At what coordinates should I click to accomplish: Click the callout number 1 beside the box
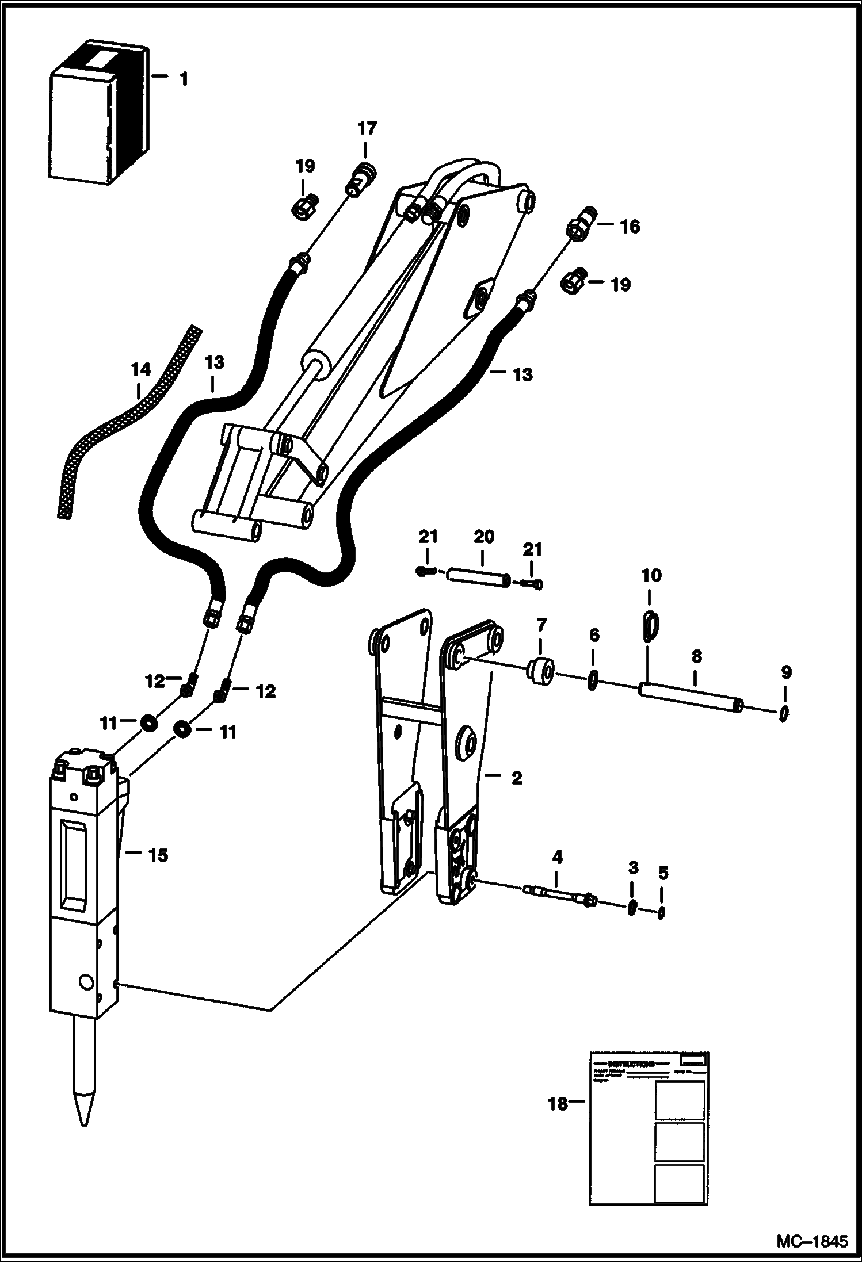184,79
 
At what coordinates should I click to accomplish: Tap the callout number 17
367,128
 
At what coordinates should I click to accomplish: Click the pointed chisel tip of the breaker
84,1110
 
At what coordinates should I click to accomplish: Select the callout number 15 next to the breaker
158,871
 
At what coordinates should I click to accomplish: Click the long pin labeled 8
691,696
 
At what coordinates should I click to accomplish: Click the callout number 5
663,873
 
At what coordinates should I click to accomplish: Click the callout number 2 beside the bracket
517,778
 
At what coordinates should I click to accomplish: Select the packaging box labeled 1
98,115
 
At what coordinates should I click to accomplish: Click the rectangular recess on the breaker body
73,861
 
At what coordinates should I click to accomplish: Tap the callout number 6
594,635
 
